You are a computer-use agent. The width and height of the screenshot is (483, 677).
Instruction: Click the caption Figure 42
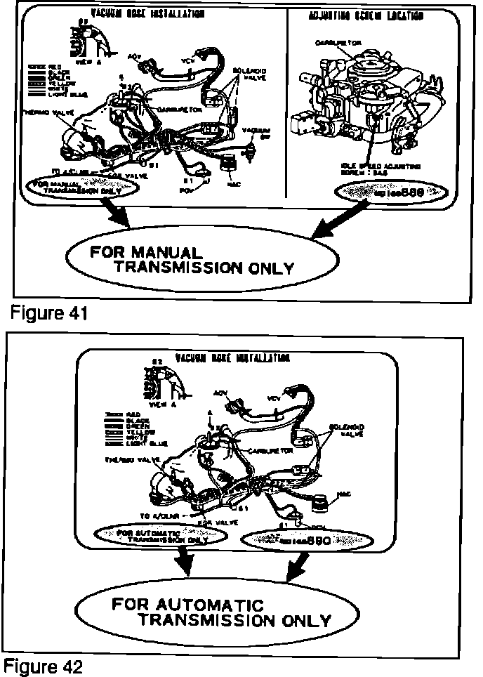tap(43, 666)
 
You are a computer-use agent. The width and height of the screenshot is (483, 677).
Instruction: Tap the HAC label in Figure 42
tap(343, 494)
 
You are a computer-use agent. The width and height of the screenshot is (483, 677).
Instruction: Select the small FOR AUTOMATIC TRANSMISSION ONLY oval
tap(162, 536)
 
